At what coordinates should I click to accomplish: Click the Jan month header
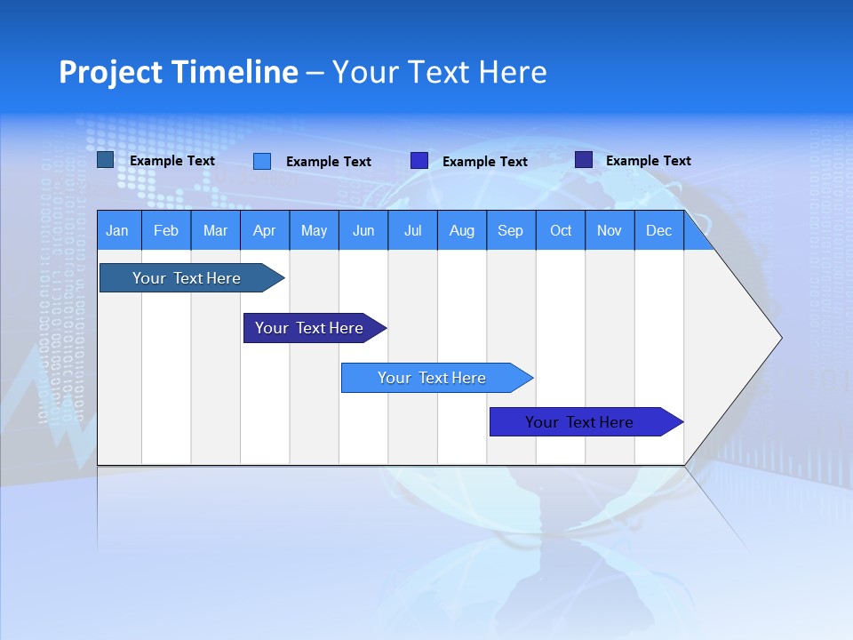tap(117, 231)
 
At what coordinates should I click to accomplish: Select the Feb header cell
tap(166, 231)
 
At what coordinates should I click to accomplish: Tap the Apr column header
tap(264, 231)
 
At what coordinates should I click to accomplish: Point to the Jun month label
tap(363, 231)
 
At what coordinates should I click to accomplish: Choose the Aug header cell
tap(462, 231)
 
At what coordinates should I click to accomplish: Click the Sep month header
tap(511, 231)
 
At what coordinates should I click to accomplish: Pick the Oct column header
tap(561, 231)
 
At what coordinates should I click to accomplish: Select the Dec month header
tap(659, 231)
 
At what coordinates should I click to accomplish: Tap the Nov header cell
tap(610, 231)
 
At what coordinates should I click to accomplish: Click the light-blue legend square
tap(262, 161)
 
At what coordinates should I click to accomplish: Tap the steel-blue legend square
tap(106, 160)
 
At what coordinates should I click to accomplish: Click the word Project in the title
tap(111, 72)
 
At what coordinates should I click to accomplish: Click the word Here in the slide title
tap(513, 72)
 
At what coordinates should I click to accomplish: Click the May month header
tap(314, 231)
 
